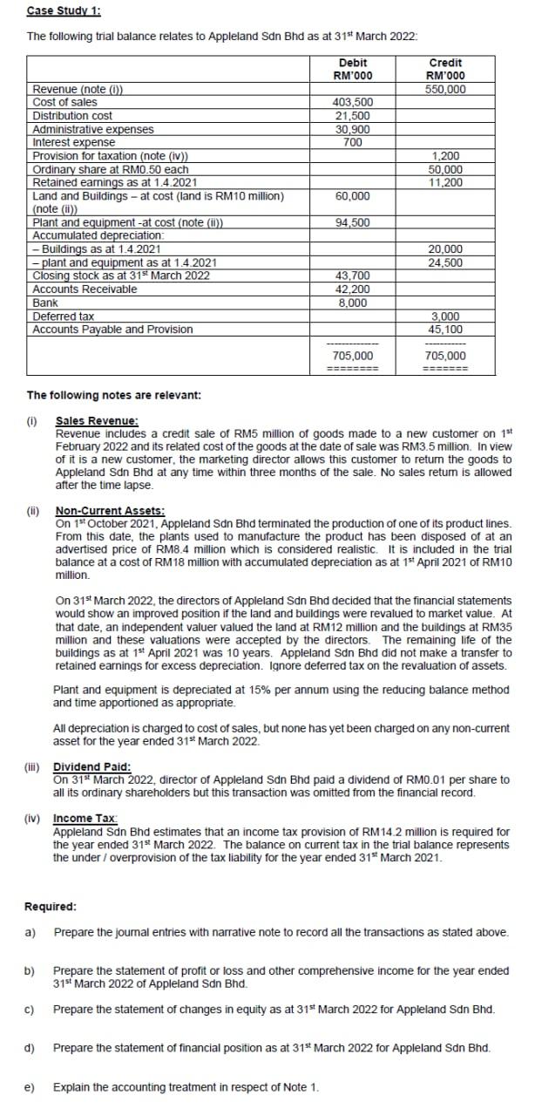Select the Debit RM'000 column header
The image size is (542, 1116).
click(352, 69)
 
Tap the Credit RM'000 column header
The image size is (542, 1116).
click(445, 69)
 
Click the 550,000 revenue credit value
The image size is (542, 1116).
click(445, 89)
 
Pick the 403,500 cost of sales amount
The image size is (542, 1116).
click(352, 102)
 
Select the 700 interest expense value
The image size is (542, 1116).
click(353, 141)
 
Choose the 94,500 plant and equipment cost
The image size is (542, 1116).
click(352, 222)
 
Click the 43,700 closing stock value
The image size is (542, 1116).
click(352, 276)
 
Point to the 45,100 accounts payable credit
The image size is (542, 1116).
click(445, 330)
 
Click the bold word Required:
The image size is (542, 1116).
click(51, 906)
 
